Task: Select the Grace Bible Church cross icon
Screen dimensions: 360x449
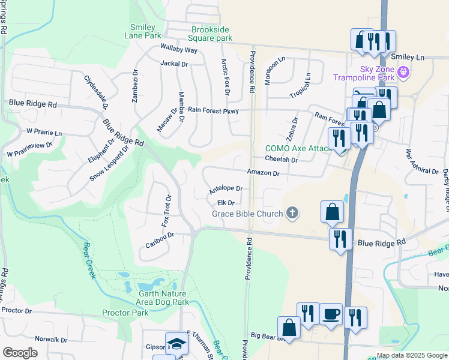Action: [x=292, y=213]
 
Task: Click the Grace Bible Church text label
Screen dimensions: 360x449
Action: [x=247, y=214]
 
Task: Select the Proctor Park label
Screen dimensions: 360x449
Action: [x=125, y=313]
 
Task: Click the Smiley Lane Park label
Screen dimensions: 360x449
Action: [x=143, y=31]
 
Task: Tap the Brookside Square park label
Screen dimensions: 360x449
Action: [x=211, y=34]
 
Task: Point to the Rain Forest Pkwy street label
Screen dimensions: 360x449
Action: [x=213, y=110]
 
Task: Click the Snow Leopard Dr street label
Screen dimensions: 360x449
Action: [x=109, y=163]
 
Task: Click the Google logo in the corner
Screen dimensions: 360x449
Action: [x=20, y=353]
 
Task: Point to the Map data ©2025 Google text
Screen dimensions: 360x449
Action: [x=412, y=355]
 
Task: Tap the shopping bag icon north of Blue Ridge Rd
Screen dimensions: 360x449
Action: [x=332, y=212]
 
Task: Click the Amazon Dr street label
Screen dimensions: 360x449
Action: [x=264, y=173]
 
